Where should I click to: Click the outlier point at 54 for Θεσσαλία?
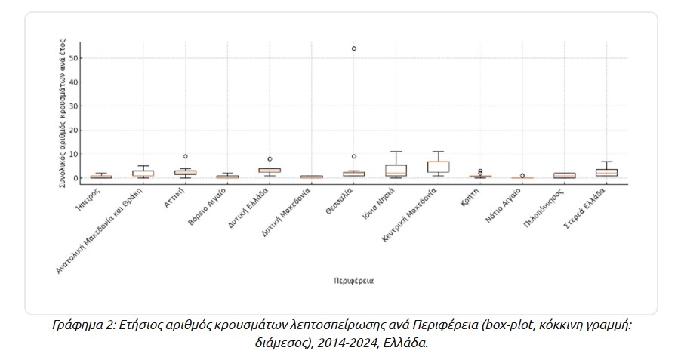[x=354, y=48]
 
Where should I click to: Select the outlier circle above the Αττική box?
[x=185, y=156]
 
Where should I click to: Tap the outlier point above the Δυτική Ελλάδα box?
[x=270, y=159]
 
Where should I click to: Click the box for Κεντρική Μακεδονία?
[x=438, y=167]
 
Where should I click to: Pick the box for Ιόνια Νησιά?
[x=396, y=170]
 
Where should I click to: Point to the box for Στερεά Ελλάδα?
[x=606, y=173]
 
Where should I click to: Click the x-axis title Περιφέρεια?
[x=354, y=281]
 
